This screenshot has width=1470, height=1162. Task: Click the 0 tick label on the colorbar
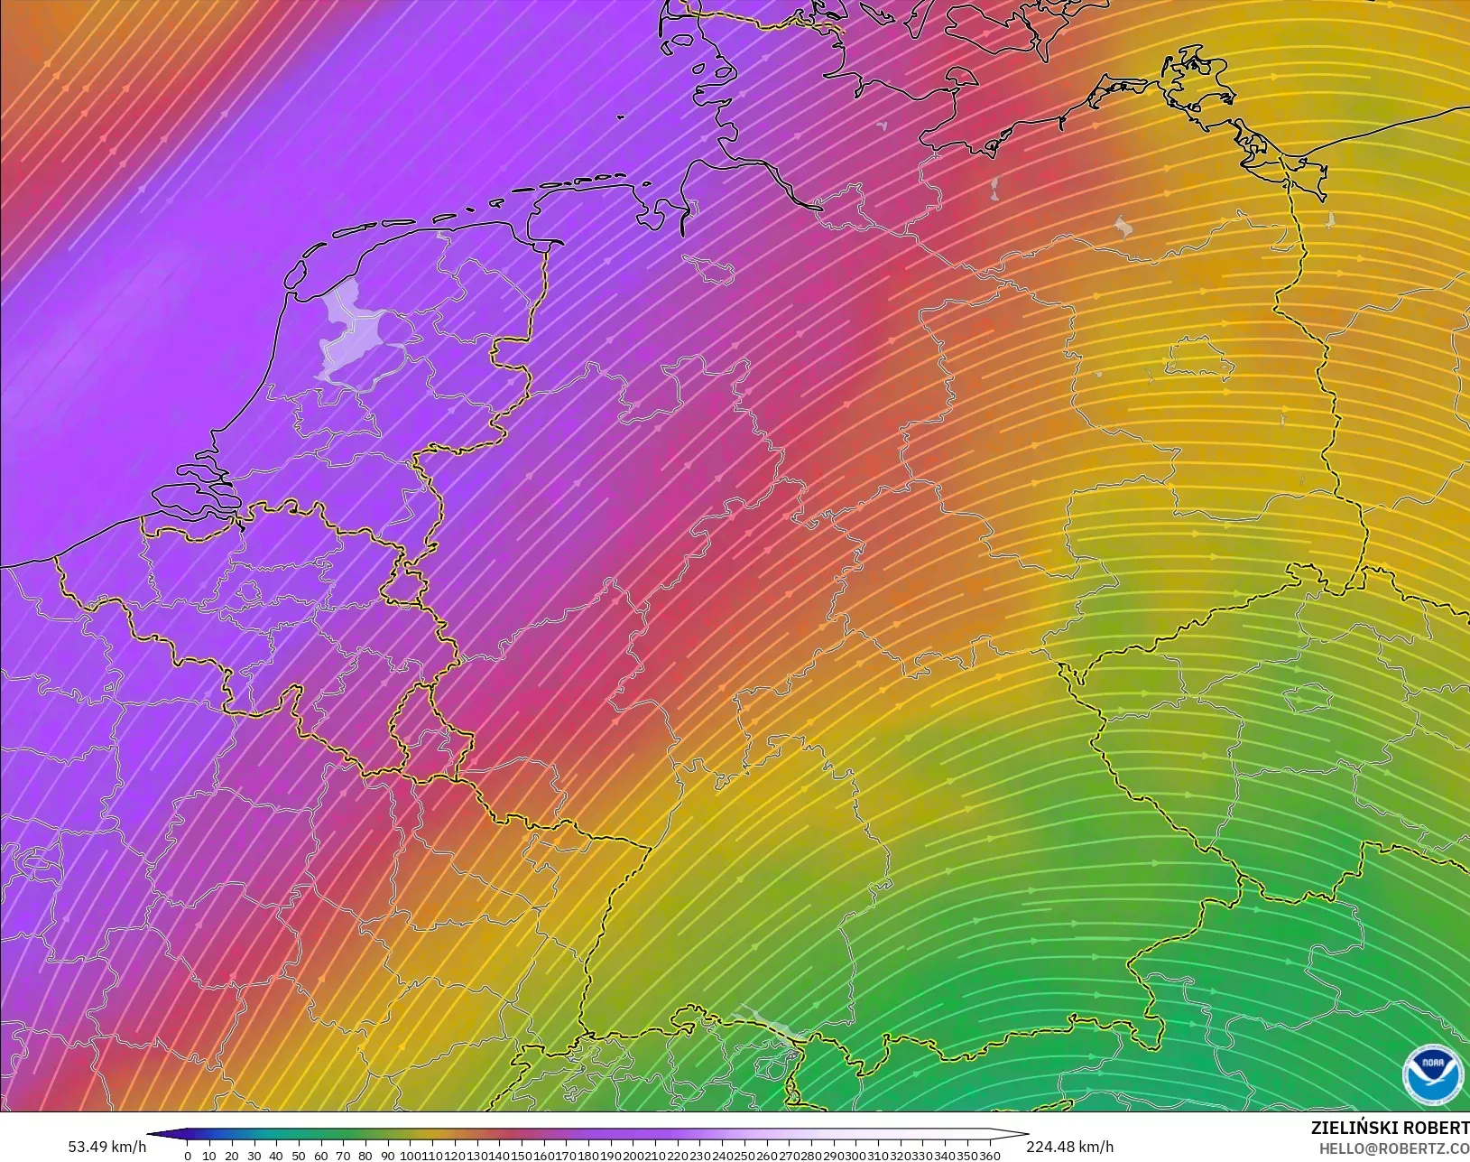187,1155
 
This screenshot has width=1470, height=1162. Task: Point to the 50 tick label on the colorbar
298,1155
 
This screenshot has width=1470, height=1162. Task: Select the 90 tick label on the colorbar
387,1155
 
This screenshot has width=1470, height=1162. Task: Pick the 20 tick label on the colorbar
231,1155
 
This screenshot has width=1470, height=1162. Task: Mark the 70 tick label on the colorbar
343,1155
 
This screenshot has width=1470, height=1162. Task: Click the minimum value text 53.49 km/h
106,1147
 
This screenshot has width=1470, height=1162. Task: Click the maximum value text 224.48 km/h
1069,1147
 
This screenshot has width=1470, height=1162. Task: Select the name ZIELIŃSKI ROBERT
1390,1129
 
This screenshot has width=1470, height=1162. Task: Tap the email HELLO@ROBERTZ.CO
1394,1148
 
